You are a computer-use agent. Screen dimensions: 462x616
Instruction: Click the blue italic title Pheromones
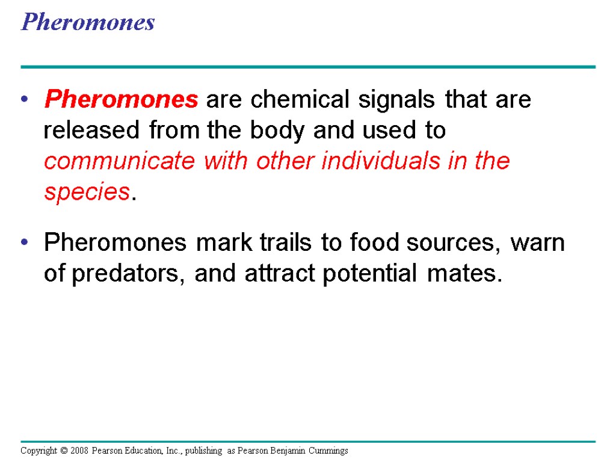click(x=88, y=23)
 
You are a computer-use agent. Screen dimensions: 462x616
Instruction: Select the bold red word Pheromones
click(x=121, y=99)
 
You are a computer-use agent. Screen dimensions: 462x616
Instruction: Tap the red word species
click(x=87, y=192)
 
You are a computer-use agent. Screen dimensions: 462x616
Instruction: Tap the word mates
click(x=463, y=274)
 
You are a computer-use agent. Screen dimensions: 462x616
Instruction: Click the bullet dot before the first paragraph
click(x=25, y=100)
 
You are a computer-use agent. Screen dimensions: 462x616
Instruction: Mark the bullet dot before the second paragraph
click(x=25, y=243)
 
